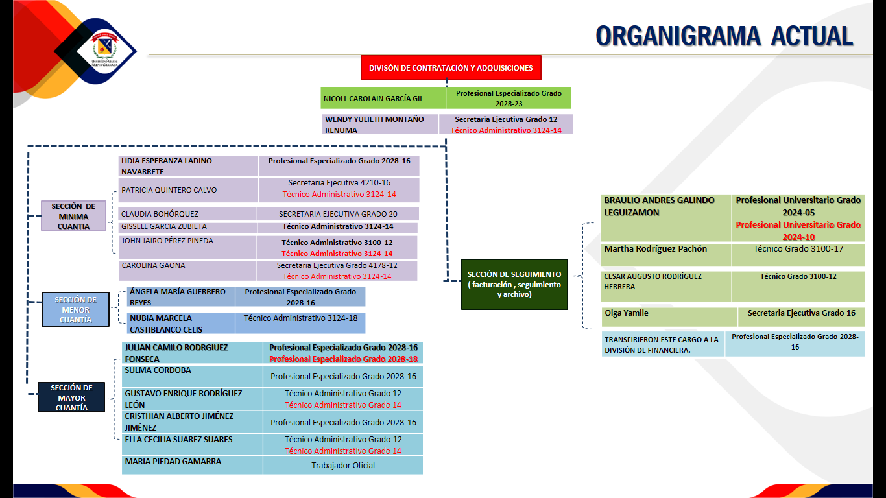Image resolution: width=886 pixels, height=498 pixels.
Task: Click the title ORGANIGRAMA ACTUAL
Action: [x=724, y=36]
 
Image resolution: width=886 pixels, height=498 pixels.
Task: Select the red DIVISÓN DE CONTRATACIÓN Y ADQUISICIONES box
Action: [x=451, y=68]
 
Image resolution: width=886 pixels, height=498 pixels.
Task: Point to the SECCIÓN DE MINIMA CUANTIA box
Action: [x=73, y=216]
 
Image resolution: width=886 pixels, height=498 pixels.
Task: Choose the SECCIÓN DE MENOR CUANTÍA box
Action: [x=76, y=309]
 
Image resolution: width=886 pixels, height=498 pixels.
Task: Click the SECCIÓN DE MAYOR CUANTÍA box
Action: [x=71, y=397]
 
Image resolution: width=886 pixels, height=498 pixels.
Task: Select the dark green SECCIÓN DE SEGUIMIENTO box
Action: [x=514, y=284]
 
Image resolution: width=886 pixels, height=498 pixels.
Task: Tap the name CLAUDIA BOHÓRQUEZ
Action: [x=160, y=214]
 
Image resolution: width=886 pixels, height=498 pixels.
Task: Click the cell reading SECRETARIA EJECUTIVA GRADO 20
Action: [x=338, y=214]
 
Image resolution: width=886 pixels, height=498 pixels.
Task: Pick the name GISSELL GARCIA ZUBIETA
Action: [x=164, y=226]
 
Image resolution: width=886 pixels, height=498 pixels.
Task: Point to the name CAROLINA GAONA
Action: [x=153, y=265]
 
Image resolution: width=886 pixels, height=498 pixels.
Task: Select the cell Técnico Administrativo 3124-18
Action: [x=300, y=318]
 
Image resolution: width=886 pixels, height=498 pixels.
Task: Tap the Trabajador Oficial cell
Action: [x=343, y=465]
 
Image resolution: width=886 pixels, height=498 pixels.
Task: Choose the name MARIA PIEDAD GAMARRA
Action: [x=173, y=462]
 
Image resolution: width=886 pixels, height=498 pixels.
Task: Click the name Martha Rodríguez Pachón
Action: [x=656, y=249]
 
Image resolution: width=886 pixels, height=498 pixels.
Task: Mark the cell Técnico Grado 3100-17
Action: [x=798, y=249]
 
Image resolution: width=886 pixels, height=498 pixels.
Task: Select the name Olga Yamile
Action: [x=627, y=313]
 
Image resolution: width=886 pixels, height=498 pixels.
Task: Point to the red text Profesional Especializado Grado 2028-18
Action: [x=343, y=359]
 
